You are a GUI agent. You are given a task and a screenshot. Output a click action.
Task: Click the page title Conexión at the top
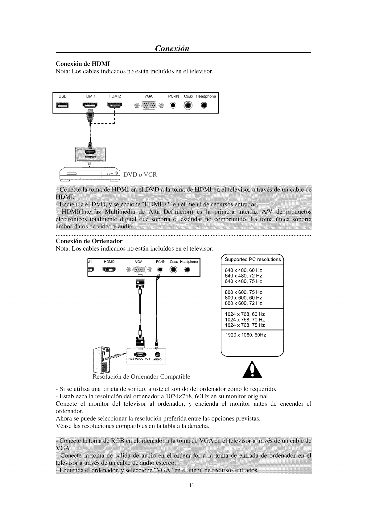tap(172, 48)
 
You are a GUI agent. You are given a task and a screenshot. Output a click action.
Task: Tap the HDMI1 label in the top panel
tap(90, 96)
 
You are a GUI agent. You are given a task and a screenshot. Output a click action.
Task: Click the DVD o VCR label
tap(140, 175)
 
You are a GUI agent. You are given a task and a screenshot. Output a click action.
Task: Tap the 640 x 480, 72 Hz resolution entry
tap(244, 276)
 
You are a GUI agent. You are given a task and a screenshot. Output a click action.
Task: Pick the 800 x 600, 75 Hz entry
tap(244, 292)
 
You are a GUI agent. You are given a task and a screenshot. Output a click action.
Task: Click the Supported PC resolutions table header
tap(253, 259)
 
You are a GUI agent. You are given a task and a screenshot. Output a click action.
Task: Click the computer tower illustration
tap(101, 359)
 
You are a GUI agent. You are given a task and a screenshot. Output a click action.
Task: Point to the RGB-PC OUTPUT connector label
tap(138, 359)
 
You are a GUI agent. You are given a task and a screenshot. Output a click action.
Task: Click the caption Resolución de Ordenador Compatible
tap(142, 376)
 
